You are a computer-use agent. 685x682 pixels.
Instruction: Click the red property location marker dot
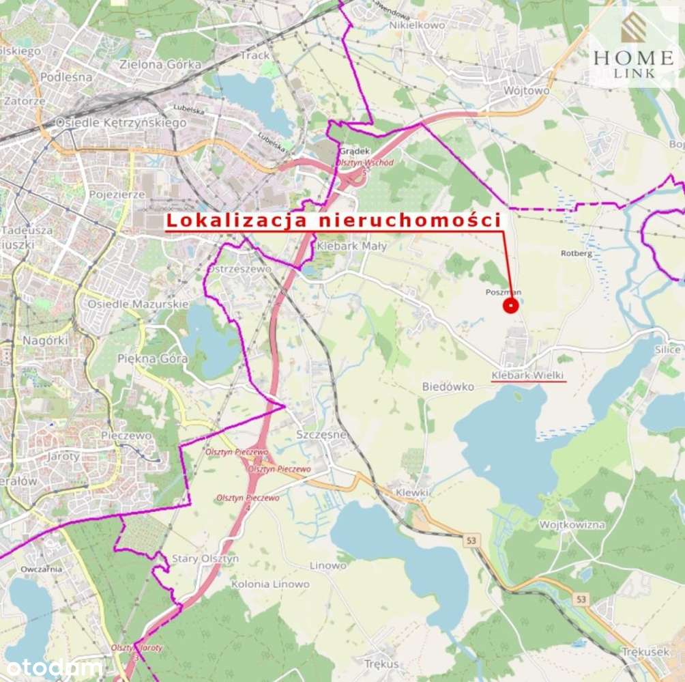[510, 306]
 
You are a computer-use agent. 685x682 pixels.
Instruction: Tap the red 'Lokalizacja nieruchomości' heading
[334, 221]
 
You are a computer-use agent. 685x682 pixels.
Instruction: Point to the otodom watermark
[52, 667]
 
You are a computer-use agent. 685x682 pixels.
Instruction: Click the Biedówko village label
[448, 386]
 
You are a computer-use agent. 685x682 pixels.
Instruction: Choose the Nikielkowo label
[417, 25]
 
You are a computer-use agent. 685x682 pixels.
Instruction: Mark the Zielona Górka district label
[160, 65]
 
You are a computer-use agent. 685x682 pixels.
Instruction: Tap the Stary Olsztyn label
[205, 558]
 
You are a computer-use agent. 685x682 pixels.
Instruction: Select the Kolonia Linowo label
[270, 584]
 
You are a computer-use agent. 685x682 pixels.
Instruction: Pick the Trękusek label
[645, 652]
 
